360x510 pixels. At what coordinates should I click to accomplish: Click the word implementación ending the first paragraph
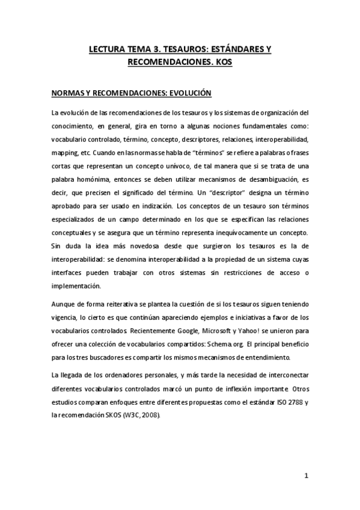click(x=76, y=286)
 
